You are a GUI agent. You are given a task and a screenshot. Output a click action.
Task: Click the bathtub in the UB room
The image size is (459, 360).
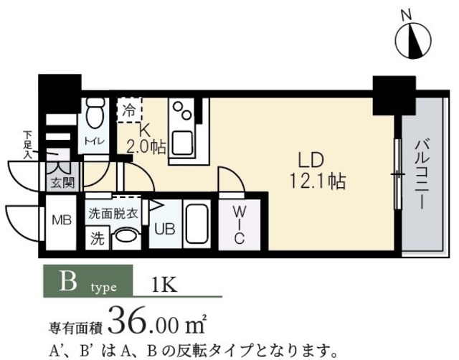click(x=196, y=224)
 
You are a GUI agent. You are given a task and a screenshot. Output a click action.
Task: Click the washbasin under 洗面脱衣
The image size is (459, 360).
click(x=126, y=237)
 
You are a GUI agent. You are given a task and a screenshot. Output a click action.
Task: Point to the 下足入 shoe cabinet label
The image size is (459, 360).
click(x=28, y=144)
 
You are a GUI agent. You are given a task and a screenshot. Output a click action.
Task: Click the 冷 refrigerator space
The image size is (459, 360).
click(x=129, y=111)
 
